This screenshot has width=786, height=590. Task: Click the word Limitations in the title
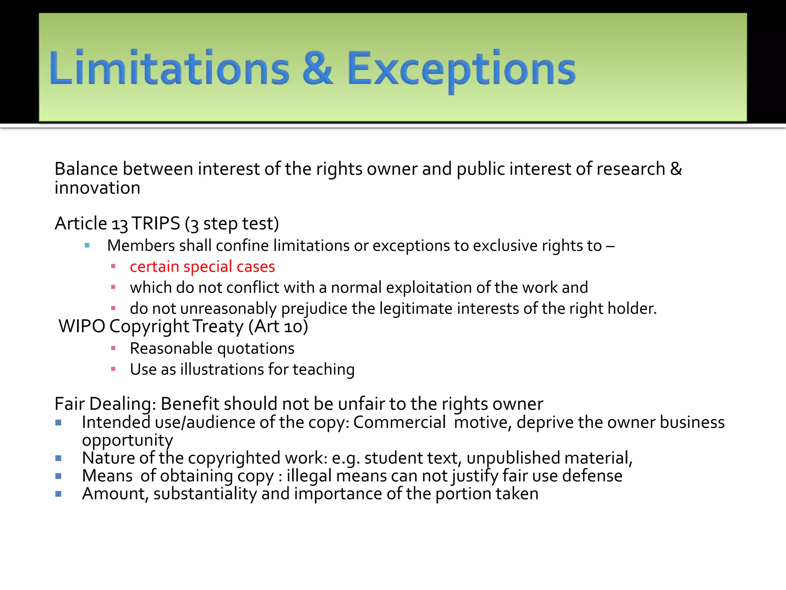(169, 68)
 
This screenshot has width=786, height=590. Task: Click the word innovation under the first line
(97, 188)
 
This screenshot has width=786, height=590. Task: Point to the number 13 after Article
(119, 224)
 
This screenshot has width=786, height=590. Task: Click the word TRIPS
(156, 223)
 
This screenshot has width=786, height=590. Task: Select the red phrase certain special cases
(202, 267)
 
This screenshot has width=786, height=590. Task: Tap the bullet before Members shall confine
(87, 245)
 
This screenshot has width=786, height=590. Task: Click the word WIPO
(82, 326)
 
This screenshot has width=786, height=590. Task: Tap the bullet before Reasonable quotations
(113, 348)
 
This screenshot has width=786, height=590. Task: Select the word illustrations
(222, 369)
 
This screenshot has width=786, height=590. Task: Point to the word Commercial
(399, 422)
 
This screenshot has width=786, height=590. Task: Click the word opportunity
(127, 440)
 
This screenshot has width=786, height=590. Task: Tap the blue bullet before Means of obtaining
(58, 476)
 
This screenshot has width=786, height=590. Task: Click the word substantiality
(205, 494)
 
